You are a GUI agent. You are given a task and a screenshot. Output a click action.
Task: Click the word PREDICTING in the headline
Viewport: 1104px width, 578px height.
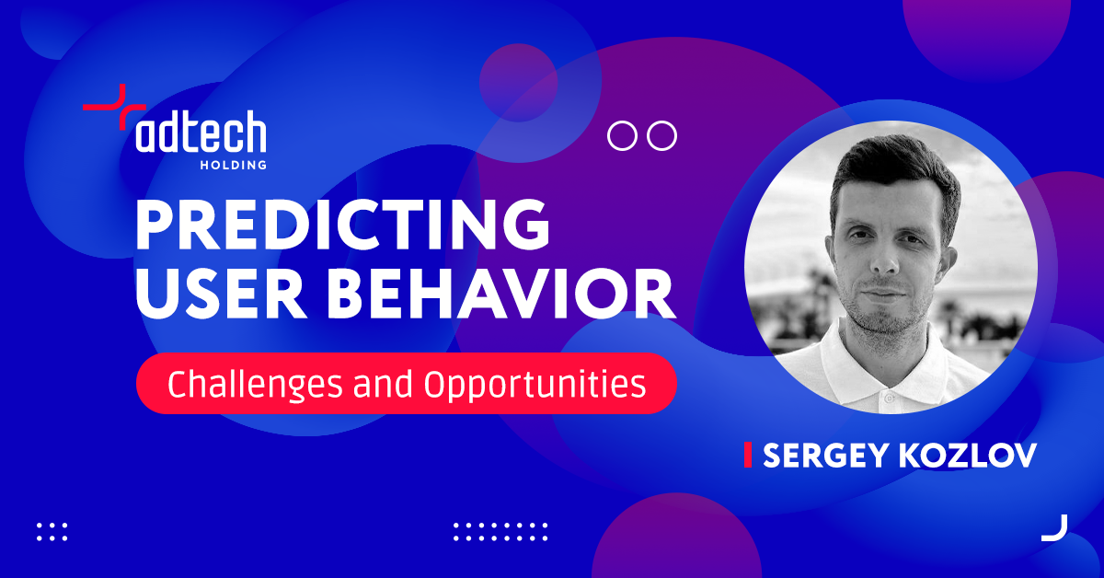pos(342,225)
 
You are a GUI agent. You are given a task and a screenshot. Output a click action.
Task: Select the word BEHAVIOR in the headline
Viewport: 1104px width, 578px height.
pos(501,294)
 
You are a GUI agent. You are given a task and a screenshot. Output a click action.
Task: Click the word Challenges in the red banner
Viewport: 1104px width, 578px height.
pos(255,385)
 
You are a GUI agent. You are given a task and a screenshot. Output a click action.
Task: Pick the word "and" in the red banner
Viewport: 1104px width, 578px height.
pos(383,384)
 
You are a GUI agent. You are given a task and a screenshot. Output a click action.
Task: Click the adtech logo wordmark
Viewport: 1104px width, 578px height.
pos(201,132)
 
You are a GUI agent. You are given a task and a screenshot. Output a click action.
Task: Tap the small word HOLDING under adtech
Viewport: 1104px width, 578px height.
pos(233,165)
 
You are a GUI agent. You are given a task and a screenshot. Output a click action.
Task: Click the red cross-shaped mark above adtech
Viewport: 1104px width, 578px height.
pos(114,107)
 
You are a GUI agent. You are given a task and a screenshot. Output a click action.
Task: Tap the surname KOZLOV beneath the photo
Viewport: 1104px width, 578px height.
pos(968,456)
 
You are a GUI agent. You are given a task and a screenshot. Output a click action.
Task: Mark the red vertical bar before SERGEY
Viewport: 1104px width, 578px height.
pos(748,455)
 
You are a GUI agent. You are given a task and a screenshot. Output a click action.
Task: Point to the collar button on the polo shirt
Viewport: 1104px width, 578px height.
pos(889,397)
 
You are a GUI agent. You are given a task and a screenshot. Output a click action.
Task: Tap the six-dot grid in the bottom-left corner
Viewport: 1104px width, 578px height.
pos(52,532)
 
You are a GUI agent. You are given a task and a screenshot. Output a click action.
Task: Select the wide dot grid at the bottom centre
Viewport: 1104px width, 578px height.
pos(500,532)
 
